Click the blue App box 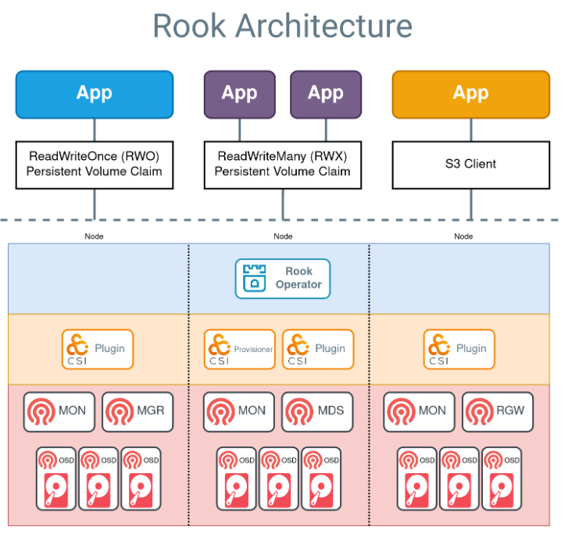point(95,94)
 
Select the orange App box point(470,94)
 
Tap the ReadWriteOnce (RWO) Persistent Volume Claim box point(95,165)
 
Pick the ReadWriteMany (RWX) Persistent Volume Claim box point(283,165)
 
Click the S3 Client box point(470,165)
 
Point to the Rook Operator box point(283,279)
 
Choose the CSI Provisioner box point(239,349)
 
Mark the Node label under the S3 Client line point(463,236)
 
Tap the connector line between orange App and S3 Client point(470,130)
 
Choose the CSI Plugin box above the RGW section point(459,349)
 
